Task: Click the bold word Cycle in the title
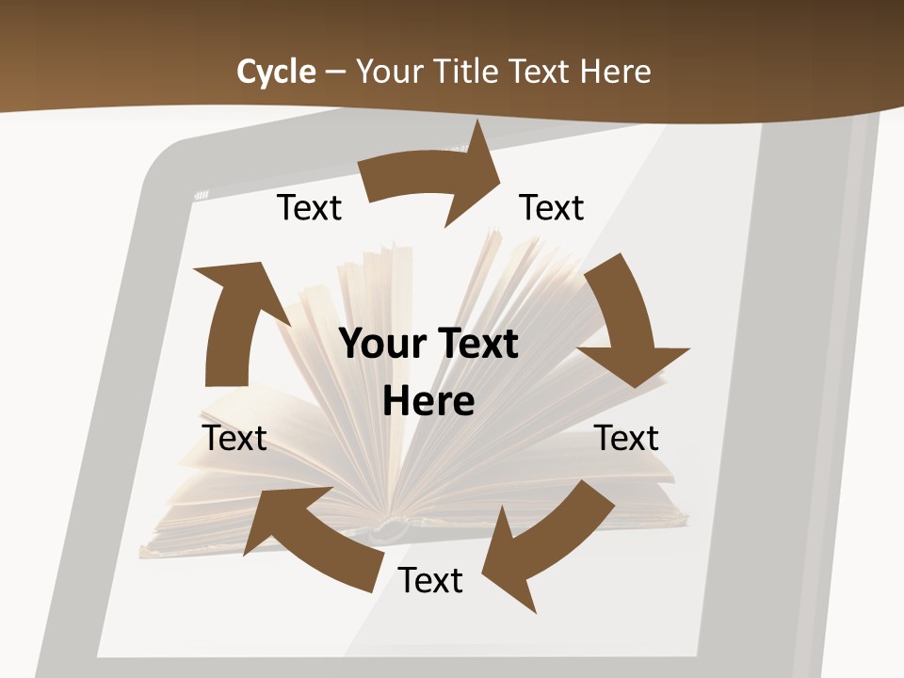pos(276,72)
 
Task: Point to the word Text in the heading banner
pos(540,72)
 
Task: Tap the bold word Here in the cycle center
pos(428,401)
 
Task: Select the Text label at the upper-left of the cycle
pos(309,207)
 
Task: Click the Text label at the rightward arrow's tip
pos(552,207)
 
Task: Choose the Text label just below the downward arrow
pos(626,438)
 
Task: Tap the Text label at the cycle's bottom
pos(430,580)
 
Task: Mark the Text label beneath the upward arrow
pos(234,438)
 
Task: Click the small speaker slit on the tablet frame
pos(201,195)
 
